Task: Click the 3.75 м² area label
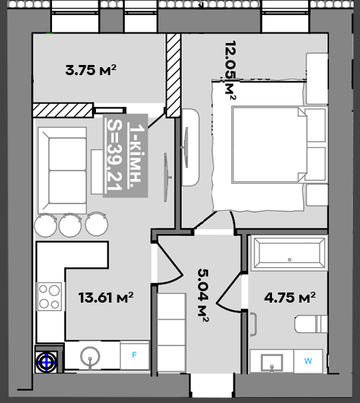pos(91,70)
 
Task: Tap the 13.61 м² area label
pos(106,298)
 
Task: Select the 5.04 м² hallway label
pos(203,295)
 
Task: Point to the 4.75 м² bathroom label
pos(290,298)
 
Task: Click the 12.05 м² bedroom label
pos(230,70)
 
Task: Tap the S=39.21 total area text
pos(115,155)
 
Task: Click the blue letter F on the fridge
pos(134,355)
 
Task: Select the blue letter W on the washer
pos(308,361)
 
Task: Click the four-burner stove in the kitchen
pos(50,296)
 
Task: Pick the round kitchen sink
pos(90,357)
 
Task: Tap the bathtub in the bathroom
pos(289,253)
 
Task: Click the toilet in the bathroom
pos(311,324)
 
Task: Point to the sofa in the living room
pos(62,170)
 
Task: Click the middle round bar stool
pos(70,225)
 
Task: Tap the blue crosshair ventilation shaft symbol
pos(46,362)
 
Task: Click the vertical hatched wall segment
pos(173,75)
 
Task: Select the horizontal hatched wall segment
pos(63,110)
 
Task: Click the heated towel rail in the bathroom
pos(254,324)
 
